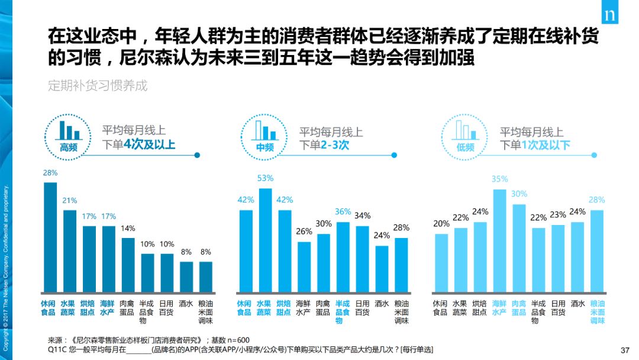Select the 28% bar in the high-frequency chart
(x=50, y=237)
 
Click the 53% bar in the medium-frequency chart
(x=266, y=240)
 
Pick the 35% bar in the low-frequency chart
(x=500, y=240)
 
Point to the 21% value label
(x=70, y=201)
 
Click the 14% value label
(x=128, y=228)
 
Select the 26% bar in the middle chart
(x=304, y=266)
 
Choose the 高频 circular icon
(x=69, y=136)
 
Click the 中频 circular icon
(x=265, y=136)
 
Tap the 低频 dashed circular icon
(x=466, y=136)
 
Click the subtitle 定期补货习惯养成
(x=98, y=85)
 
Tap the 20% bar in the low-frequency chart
(x=441, y=262)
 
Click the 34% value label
(x=363, y=216)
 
